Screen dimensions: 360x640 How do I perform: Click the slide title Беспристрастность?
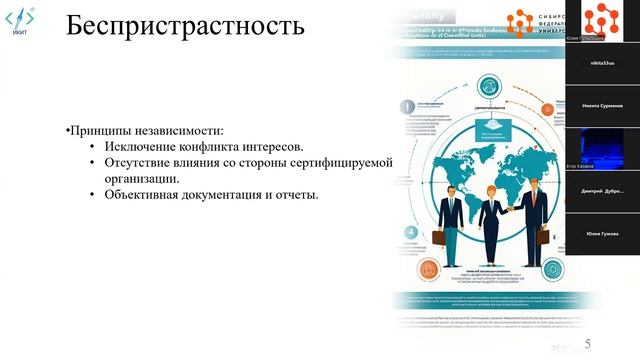coord(185,26)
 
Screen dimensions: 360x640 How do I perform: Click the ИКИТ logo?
coord(21,24)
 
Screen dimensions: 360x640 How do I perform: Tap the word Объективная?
coord(141,194)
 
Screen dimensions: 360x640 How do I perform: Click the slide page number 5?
coord(602,339)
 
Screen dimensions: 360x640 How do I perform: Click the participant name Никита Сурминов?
coord(602,105)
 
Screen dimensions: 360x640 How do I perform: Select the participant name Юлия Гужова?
coord(602,233)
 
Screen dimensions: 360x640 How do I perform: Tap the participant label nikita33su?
coord(602,61)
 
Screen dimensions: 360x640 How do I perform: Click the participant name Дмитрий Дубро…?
coord(602,190)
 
